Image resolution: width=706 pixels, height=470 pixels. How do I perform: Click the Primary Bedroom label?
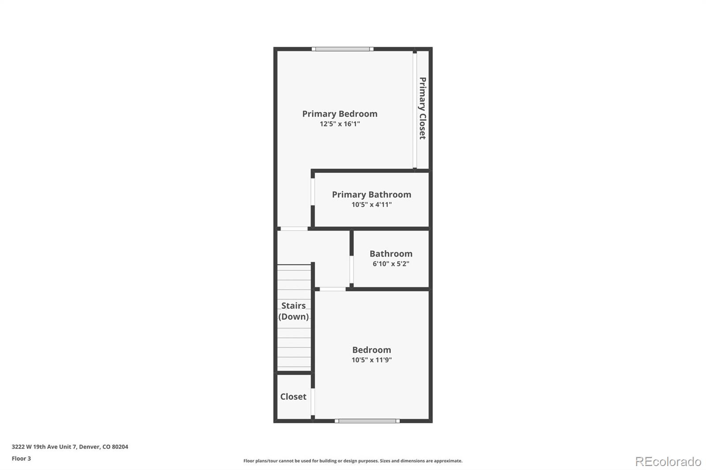coord(340,114)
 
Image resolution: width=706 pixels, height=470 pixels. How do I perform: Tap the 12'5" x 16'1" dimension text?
coord(340,124)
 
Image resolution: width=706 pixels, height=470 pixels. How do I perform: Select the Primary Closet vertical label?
coord(422,108)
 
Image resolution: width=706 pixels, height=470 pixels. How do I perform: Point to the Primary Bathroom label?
coord(372,194)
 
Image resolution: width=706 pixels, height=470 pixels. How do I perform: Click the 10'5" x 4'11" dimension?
coord(372,205)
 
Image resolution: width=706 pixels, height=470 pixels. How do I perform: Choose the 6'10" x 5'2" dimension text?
coord(391,264)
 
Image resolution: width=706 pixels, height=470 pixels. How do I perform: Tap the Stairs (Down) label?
coord(293,311)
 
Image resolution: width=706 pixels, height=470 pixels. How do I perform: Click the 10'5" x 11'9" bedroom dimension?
coord(372,360)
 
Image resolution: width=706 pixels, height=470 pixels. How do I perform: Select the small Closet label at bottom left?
coord(293,396)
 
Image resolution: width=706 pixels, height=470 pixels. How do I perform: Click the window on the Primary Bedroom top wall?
coord(342,49)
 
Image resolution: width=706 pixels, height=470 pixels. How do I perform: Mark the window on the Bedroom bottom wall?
coord(367,421)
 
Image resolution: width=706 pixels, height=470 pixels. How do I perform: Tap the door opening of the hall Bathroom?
coord(352,269)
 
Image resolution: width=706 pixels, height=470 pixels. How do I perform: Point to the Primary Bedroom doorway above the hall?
coord(294,228)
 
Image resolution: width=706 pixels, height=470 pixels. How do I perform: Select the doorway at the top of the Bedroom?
coord(333,289)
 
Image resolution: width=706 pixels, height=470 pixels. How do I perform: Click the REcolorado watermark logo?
coord(668,461)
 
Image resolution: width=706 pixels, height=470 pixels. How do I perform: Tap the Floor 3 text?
coord(21,459)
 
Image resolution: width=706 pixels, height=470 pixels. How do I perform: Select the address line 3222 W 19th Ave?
coord(70,447)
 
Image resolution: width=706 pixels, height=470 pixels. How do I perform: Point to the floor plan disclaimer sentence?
coord(353,461)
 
